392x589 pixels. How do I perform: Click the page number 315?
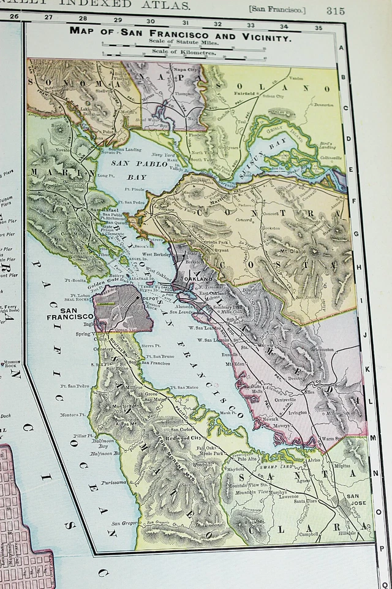coord(335,10)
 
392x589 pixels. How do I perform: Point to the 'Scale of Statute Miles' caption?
coord(183,40)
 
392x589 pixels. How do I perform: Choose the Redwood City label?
coord(187,439)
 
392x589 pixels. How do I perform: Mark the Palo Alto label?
coord(247,458)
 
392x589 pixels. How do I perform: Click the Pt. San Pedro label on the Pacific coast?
coord(78,386)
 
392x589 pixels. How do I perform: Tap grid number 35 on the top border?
coord(318,27)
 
